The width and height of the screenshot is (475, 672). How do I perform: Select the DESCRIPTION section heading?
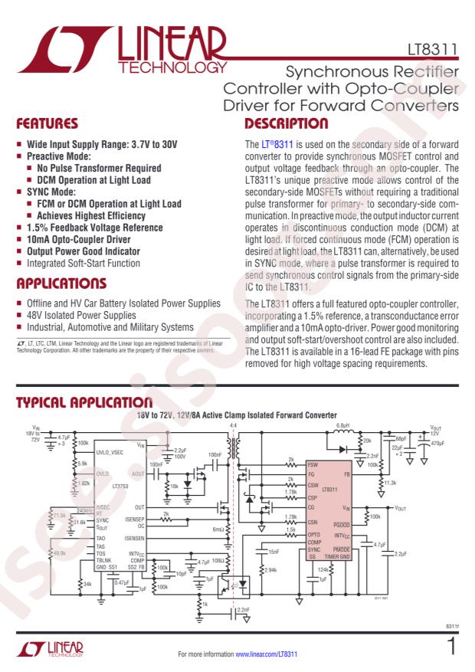pyautogui.click(x=286, y=123)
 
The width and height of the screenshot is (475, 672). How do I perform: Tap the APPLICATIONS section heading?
pyautogui.click(x=61, y=284)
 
